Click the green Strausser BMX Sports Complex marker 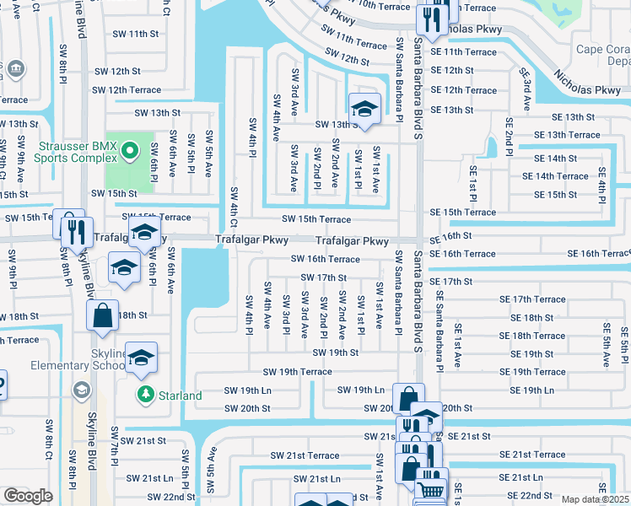point(129,152)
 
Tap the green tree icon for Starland point(146,395)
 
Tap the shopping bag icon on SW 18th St point(102,315)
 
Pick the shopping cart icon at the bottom point(432,488)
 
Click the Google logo point(28,495)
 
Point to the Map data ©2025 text point(596,499)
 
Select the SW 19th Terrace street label point(297,372)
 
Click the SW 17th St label point(325,277)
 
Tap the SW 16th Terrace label point(326,260)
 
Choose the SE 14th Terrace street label point(554,176)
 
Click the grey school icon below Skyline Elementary point(81,389)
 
